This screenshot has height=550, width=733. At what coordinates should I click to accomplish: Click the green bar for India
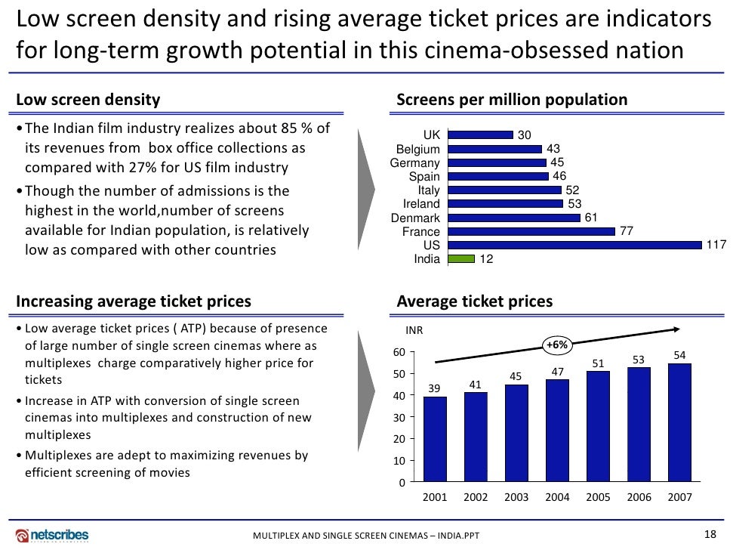pyautogui.click(x=460, y=259)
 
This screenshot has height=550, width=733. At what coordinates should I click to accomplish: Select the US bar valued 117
pyautogui.click(x=574, y=246)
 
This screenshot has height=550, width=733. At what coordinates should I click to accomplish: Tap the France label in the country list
pyautogui.click(x=421, y=232)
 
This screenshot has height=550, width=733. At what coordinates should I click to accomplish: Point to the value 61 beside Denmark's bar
pyautogui.click(x=591, y=218)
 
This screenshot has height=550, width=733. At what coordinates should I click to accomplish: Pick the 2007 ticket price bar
pyautogui.click(x=679, y=422)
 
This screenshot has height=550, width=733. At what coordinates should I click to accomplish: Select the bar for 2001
pyautogui.click(x=435, y=439)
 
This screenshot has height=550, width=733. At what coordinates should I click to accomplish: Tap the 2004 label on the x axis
pyautogui.click(x=557, y=498)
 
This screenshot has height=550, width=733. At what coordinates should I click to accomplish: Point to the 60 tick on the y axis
pyautogui.click(x=399, y=352)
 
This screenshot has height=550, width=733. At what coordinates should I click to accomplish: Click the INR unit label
pyautogui.click(x=414, y=330)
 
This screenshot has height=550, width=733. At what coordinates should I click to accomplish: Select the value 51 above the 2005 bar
pyautogui.click(x=598, y=363)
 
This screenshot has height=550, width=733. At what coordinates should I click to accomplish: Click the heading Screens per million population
pyautogui.click(x=512, y=100)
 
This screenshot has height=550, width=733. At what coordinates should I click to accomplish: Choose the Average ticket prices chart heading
pyautogui.click(x=474, y=301)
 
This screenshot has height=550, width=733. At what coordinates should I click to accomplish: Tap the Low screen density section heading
pyautogui.click(x=88, y=100)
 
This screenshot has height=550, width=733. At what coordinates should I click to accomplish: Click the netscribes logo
pyautogui.click(x=52, y=535)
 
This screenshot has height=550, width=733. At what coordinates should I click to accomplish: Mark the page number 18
pyautogui.click(x=709, y=534)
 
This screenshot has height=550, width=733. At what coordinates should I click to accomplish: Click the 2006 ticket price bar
pyautogui.click(x=639, y=425)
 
